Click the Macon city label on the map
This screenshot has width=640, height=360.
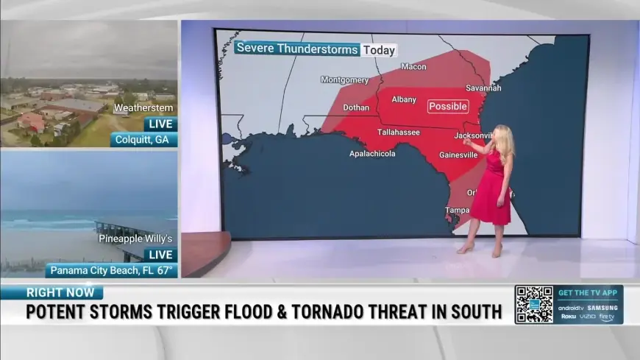(x=413, y=67)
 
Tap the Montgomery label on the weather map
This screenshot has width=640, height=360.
(x=344, y=80)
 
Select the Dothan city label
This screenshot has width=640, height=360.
(x=356, y=107)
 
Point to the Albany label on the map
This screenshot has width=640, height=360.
(x=404, y=99)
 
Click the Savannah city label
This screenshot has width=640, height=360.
(x=483, y=88)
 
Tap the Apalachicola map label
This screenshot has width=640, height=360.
(x=372, y=154)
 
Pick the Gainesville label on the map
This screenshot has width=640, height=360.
(x=458, y=155)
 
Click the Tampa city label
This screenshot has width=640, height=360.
(x=457, y=211)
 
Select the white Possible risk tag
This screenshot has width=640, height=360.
(x=448, y=106)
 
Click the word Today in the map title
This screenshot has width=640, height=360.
(x=379, y=50)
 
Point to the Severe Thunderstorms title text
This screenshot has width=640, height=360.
(x=297, y=50)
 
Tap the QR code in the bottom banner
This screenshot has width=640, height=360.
(x=533, y=304)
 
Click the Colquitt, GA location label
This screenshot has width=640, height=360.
(x=144, y=140)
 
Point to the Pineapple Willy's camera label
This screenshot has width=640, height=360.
(x=137, y=239)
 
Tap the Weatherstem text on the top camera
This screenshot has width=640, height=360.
(x=143, y=108)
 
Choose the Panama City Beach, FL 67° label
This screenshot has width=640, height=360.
(x=112, y=270)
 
